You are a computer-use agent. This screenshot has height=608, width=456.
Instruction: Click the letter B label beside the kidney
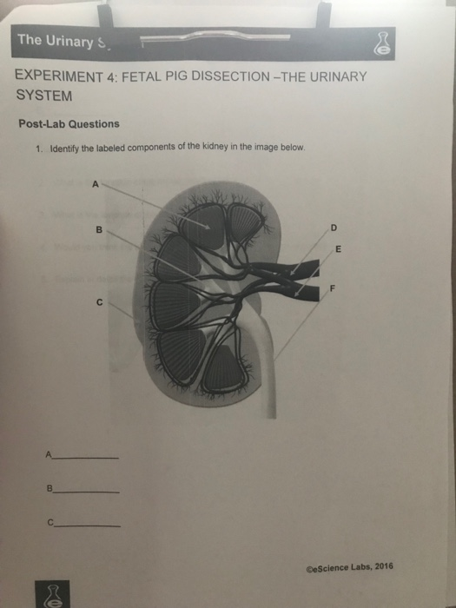tap(99, 230)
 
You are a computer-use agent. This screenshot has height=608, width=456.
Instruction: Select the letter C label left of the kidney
tap(99, 302)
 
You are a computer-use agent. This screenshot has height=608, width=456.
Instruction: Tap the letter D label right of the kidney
tap(333, 228)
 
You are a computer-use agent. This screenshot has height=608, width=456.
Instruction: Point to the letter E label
tap(339, 250)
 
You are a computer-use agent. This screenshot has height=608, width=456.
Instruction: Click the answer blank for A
tap(86, 457)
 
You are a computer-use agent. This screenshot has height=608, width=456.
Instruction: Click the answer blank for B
tap(86, 491)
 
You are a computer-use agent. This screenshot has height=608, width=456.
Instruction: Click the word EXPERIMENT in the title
tap(57, 76)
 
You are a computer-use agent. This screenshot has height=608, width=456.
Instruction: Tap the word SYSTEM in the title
tap(44, 96)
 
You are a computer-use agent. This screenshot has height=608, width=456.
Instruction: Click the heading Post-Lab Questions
tap(69, 124)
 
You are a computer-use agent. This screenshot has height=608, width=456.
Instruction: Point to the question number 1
tap(39, 149)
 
